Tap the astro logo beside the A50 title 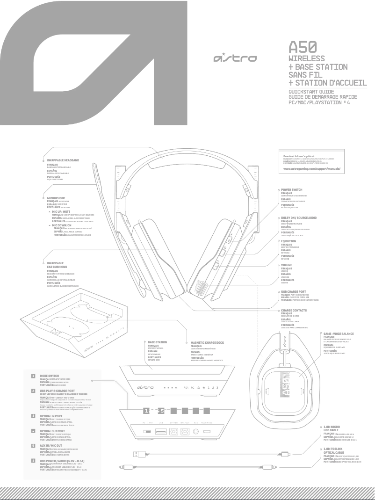click(234, 58)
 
